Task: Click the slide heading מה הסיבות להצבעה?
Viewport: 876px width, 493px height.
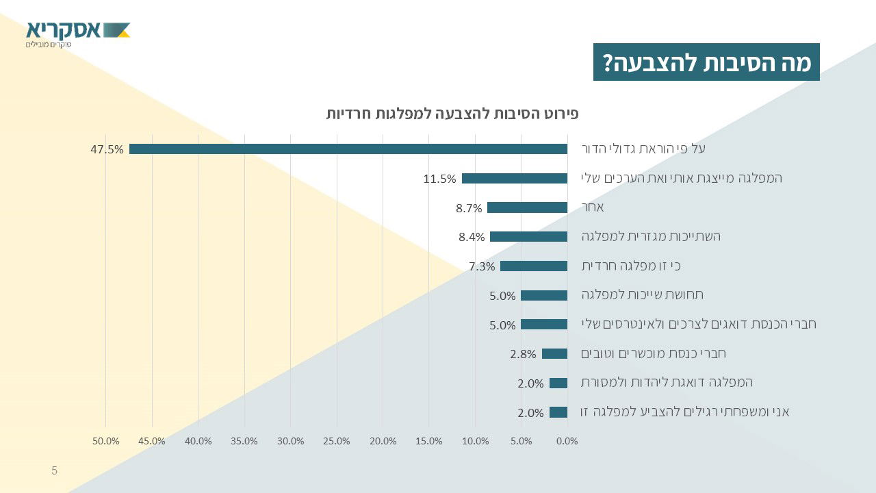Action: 706,62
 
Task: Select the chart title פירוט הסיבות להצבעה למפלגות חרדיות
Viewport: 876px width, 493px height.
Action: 452,113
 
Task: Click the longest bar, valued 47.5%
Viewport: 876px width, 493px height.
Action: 348,149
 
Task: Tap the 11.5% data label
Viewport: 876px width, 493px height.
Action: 439,179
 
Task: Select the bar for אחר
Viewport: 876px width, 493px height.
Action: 527,207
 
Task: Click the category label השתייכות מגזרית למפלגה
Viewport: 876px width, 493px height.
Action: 651,236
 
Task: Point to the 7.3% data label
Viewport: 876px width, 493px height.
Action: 482,266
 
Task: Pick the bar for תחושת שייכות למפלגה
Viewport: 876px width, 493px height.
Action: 544,296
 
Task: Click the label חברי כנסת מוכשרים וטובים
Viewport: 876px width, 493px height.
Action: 653,353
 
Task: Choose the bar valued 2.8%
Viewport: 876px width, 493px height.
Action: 554,354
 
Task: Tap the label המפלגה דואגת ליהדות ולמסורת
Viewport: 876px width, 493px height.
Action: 667,382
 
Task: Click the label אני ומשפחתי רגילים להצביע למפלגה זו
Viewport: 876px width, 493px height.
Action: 685,412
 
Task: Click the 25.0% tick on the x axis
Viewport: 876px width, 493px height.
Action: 337,441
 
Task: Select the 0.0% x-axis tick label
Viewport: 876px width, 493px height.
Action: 567,441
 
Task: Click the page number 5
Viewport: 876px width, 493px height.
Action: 55,470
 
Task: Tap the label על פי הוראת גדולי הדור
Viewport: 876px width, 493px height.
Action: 643,149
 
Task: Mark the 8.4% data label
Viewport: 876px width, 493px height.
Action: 472,238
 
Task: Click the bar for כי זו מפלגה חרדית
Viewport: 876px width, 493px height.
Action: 534,266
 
